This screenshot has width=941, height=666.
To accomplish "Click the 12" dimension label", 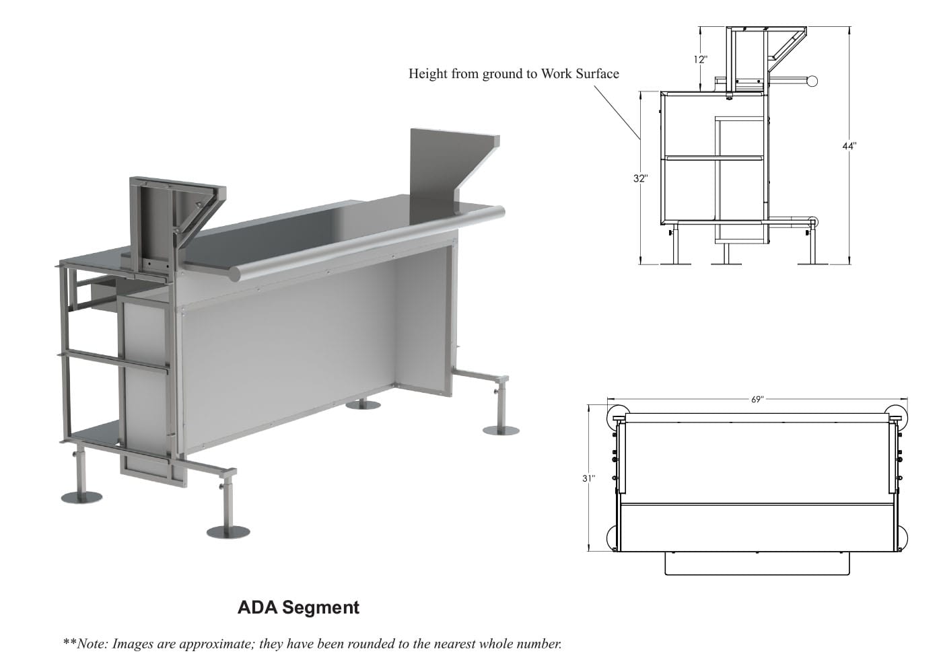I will pos(701,59).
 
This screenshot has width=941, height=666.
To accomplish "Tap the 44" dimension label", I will pos(849,145).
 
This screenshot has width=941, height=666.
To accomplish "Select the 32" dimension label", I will pos(640,178).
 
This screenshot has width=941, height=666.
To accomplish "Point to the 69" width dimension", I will pos(757,399).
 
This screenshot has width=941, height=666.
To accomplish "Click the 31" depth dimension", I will pos(589,478).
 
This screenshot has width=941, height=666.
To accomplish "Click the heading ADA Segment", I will pos(298,607).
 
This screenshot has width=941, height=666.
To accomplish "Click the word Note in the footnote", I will pos(93,644).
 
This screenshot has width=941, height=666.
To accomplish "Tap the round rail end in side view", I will pos(812,81).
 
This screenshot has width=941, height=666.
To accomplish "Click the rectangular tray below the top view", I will pos(758,563).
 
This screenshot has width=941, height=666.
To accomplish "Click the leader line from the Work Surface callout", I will pos(617,110).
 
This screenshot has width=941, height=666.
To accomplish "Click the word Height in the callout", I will pos(428,73).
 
